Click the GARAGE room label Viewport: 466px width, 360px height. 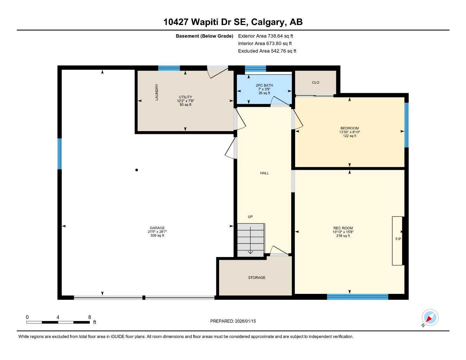click(157, 228)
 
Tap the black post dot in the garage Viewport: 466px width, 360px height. click(136, 170)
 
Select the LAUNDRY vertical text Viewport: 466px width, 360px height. click(157, 92)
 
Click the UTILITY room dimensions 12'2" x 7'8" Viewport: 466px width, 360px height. click(185, 101)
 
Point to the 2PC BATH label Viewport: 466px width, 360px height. click(264, 85)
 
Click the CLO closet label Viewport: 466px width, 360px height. click(315, 83)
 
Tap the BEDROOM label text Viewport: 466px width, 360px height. click(349, 128)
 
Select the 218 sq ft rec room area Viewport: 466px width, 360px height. click(343, 236)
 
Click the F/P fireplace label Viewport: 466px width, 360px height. click(398, 239)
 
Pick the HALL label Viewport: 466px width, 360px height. click(264, 173)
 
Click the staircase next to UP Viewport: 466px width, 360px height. click(250, 240)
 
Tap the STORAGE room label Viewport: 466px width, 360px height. click(256, 278)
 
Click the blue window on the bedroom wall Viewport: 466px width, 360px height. click(406, 125)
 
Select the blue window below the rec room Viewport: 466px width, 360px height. click(357, 297)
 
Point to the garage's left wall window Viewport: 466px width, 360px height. click(59, 154)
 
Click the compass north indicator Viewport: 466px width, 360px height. click(430, 318)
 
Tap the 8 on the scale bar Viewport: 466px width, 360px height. click(90, 317)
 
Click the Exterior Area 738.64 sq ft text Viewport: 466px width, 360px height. click(266, 36)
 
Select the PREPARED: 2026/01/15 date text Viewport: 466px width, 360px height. click(233, 321)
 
